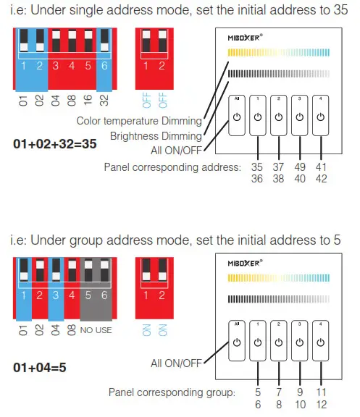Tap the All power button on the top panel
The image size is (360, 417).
coord(237,117)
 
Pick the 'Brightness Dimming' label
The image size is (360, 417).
coord(156,136)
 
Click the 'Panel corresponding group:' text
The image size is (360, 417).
coord(171,392)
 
